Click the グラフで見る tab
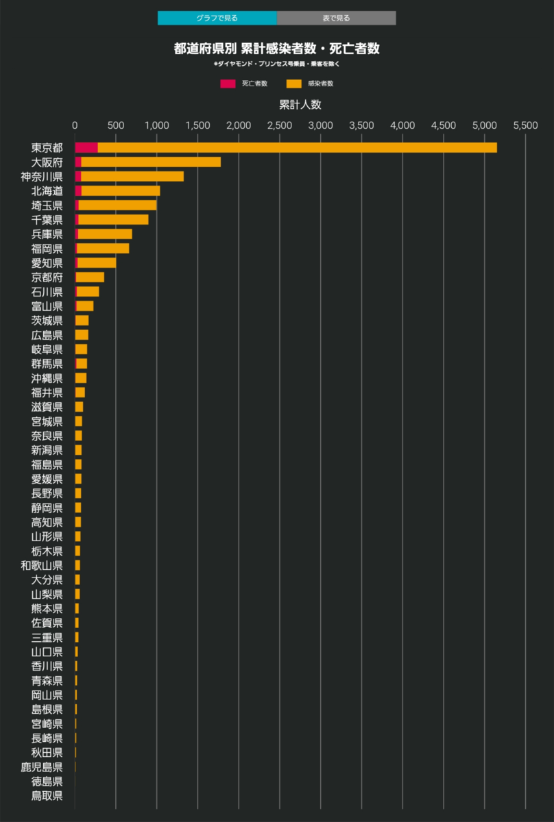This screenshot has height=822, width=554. (217, 18)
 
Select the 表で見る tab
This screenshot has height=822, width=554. (336, 18)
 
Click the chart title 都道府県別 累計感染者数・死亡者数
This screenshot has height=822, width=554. (277, 49)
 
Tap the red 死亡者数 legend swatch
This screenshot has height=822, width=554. (228, 84)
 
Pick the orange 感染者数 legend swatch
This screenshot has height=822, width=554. (294, 84)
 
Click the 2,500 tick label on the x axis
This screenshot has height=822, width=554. (280, 125)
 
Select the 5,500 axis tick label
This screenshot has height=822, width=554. (525, 125)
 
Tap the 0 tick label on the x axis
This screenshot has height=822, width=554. (75, 125)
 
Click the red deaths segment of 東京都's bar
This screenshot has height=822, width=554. (86, 147)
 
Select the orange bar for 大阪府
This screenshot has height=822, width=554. (151, 162)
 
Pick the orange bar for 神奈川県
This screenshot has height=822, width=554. (132, 176)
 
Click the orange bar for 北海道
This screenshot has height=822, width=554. (121, 190)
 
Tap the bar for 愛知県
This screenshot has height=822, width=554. (97, 262)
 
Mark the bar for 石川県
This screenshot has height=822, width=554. (88, 292)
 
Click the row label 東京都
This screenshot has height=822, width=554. (47, 147)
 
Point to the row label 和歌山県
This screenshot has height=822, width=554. (42, 565)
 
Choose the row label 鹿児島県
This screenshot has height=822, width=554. (42, 767)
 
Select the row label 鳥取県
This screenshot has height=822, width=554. (47, 795)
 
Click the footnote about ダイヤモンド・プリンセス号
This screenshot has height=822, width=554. (277, 64)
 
